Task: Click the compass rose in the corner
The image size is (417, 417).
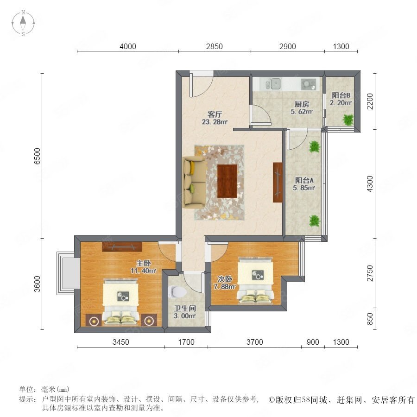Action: point(23,23)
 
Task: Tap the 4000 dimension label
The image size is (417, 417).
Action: point(128,46)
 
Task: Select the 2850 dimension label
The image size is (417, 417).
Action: point(215,46)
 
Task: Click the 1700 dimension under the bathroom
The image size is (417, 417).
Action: point(186,342)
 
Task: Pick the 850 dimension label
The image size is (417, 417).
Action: point(370,319)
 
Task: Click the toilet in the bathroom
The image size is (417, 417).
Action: point(177,292)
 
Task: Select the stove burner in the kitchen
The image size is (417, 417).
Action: point(309,84)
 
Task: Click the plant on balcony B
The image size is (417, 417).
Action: point(348,120)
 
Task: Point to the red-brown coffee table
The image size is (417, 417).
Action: point(227,181)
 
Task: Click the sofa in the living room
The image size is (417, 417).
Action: point(195,182)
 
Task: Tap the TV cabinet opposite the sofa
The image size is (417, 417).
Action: point(278,182)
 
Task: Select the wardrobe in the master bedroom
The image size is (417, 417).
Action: point(122,246)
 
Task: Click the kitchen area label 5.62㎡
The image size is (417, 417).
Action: point(302,111)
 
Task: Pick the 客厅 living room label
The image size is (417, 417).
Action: point(215,114)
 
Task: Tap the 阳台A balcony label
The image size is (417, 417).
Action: point(304,180)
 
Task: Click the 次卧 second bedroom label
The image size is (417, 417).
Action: point(225,279)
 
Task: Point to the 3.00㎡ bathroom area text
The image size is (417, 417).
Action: point(185,316)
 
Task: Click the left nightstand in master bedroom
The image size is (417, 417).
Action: point(94,320)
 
